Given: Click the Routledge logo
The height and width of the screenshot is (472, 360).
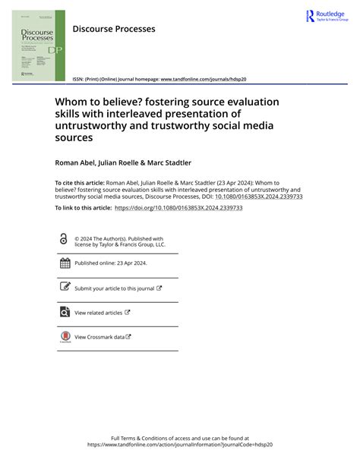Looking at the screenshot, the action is [325, 16].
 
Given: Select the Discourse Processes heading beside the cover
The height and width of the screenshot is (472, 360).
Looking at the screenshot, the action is [113, 29].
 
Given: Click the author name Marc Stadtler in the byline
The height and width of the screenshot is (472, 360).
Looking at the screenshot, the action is [170, 162].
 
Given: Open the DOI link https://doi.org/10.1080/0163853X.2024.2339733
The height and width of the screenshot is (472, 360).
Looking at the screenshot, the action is [178, 207].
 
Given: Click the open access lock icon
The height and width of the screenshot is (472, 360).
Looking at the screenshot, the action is [64, 238].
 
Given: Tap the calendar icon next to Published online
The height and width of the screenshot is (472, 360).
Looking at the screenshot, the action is [65, 263].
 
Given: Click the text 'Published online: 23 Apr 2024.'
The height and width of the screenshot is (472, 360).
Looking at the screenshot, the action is [111, 263].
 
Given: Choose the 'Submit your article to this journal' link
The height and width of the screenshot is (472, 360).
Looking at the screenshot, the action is [115, 288].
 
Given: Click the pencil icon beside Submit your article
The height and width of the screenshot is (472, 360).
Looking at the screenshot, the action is [65, 288].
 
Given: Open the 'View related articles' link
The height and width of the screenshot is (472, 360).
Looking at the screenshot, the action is [99, 313].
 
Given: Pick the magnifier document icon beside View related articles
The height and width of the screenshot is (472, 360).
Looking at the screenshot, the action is [65, 312].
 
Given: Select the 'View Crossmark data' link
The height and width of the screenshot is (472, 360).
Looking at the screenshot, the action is [99, 337].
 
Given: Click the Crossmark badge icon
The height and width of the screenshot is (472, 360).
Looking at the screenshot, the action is [65, 337].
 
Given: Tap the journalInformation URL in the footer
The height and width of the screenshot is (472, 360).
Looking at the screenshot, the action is [180, 445].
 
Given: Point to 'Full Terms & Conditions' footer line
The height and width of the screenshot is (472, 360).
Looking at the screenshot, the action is [180, 439].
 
